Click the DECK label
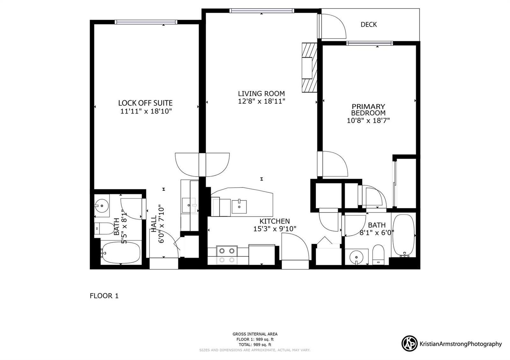pos(368,25)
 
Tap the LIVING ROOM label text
pos(261,94)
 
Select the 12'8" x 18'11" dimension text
pos(261,101)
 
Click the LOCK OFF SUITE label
pos(145,103)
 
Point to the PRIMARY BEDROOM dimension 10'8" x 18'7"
pos(368,120)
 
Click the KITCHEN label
pos(274,221)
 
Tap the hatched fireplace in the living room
pos(310,67)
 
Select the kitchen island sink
pos(239,207)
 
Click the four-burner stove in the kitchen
pos(227,255)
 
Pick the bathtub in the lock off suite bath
pos(121,253)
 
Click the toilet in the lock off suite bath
pos(104,228)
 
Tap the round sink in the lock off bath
pos(102,206)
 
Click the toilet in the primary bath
pos(378,255)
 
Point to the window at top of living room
pos(262,11)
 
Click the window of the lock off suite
pos(146,22)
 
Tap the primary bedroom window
pos(369,43)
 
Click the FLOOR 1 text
pos(104,296)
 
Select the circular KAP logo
pos(409,344)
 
